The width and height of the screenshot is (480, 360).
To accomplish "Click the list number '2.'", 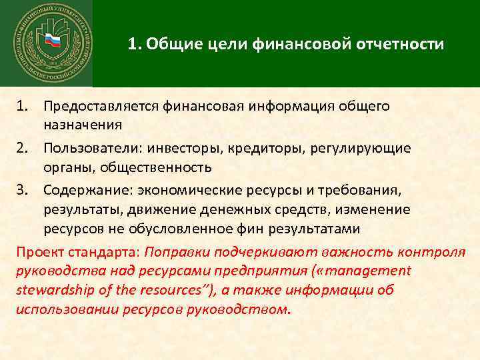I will tap(25, 149).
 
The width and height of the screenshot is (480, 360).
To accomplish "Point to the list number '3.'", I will tap(25, 191).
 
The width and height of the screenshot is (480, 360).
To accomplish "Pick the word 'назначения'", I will tap(83, 124).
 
